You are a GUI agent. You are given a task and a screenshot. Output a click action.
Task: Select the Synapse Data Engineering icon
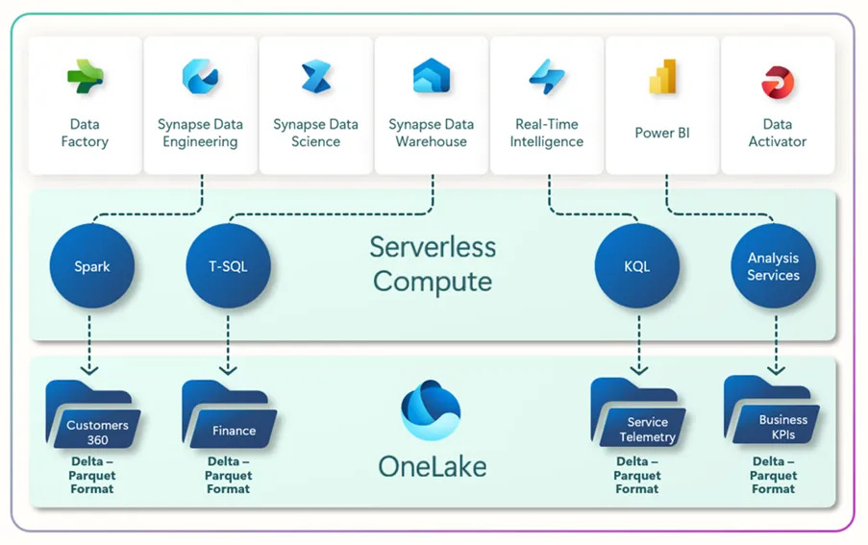tap(200, 77)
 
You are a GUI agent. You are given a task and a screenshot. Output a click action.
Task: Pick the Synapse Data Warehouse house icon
tap(432, 77)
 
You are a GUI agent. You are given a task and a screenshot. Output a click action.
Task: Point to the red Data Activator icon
tap(777, 83)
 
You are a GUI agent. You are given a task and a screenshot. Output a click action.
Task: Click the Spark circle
tap(92, 266)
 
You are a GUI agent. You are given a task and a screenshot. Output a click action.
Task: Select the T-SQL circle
tap(228, 266)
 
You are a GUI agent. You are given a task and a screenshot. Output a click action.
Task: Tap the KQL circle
tap(636, 266)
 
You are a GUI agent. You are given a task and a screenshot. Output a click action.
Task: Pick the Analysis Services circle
tap(773, 266)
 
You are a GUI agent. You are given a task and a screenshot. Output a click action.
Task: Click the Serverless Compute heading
tap(433, 264)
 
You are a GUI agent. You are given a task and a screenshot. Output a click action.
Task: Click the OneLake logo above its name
tap(431, 410)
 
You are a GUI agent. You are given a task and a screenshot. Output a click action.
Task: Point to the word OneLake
tap(432, 467)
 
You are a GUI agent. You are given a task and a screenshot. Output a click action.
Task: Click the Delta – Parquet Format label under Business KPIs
tap(773, 475)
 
